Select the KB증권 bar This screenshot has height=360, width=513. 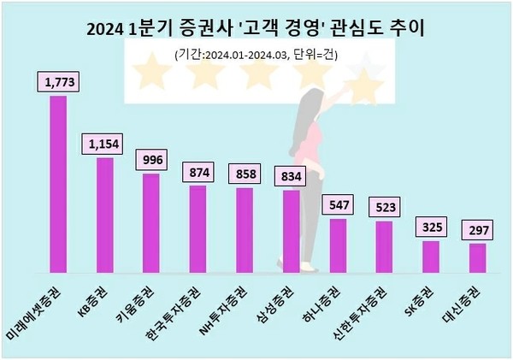[104, 214]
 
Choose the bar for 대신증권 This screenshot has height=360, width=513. [477, 257]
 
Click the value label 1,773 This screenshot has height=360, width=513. [57, 83]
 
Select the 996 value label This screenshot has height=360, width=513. [150, 160]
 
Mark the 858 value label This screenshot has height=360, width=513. [244, 174]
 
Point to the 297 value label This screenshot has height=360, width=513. [477, 231]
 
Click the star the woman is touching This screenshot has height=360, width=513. [366, 85]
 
